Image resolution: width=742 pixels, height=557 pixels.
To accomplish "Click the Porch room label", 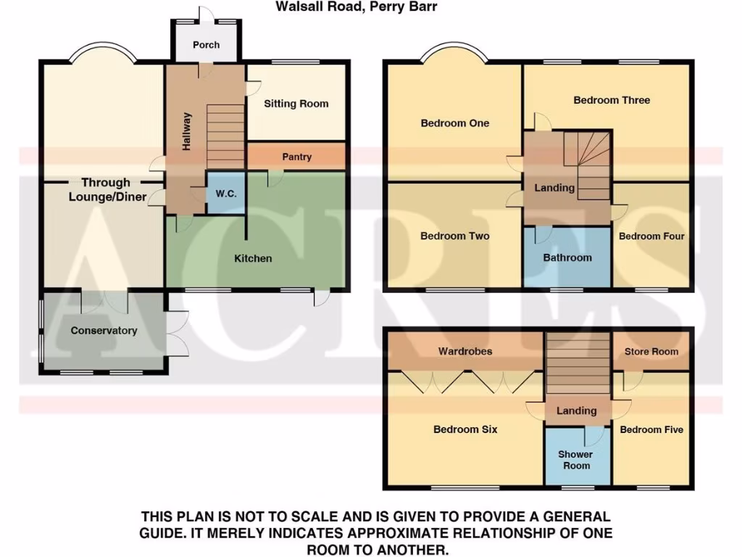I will [x=206, y=45].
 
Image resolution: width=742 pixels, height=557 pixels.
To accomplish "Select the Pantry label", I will [x=296, y=157].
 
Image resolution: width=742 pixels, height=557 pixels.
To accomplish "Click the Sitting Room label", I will [x=296, y=104].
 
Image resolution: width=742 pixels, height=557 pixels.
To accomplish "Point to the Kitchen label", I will [x=253, y=258].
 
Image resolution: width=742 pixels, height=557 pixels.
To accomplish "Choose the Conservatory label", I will [x=104, y=331].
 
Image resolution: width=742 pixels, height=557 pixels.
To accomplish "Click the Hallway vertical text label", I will [x=187, y=131].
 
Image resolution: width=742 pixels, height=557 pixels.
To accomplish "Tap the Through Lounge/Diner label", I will [x=106, y=189].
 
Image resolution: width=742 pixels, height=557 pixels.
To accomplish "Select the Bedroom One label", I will [x=454, y=123].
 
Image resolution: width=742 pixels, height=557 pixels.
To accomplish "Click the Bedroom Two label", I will [x=454, y=236].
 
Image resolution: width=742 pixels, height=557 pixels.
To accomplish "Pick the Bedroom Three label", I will [x=612, y=100].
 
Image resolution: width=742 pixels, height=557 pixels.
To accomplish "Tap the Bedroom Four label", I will [x=651, y=236].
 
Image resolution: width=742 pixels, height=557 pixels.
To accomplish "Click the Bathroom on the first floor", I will [x=567, y=257].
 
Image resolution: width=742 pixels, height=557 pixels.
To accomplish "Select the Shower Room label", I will [x=576, y=460].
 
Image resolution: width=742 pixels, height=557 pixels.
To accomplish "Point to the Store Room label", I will [x=651, y=352].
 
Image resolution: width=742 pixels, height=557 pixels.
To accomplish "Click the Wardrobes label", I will [x=464, y=352].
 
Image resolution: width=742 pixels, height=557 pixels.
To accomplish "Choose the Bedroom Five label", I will [x=651, y=429].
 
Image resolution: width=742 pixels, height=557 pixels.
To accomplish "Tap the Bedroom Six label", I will [x=465, y=429].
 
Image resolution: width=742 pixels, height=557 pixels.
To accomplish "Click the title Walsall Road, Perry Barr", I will [x=356, y=7].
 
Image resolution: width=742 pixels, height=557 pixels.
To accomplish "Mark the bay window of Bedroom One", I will [x=454, y=52].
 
